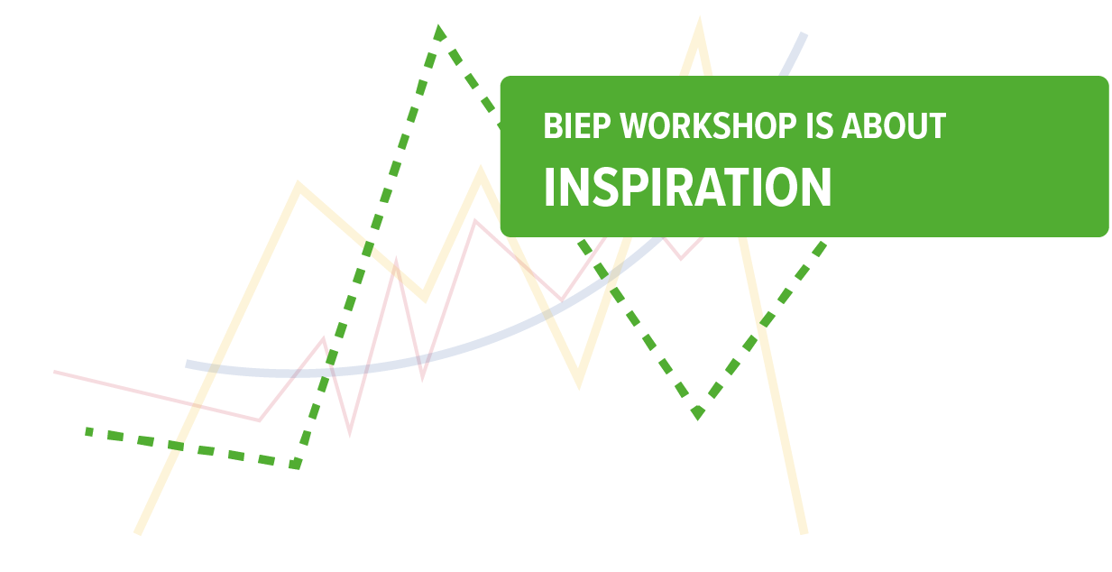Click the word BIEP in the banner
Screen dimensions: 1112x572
coord(577,125)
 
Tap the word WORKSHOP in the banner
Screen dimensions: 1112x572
coord(708,125)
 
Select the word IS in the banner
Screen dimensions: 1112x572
coord(820,125)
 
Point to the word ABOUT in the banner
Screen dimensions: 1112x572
coord(894,125)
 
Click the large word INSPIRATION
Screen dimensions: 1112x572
coord(687,187)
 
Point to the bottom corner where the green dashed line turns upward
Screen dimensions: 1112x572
coord(297,466)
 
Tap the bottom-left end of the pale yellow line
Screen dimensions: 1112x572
coord(137,533)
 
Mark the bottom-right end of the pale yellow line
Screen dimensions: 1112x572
coord(804,532)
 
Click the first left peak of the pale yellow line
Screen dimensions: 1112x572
coord(298,185)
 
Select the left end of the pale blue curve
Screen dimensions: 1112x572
coord(187,365)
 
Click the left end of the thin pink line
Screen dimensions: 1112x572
coord(54,372)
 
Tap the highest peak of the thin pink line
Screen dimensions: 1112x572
coord(475,220)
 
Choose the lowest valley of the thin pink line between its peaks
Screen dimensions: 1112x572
coord(350,433)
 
